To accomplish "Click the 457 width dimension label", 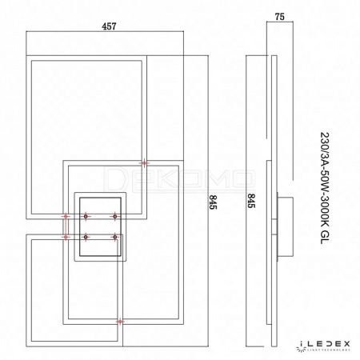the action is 109,26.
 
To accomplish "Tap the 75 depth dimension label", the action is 280,17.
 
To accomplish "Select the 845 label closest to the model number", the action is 251,201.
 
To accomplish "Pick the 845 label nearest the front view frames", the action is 213,202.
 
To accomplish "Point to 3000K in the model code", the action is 325,214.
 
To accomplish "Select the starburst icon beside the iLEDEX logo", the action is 300,348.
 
